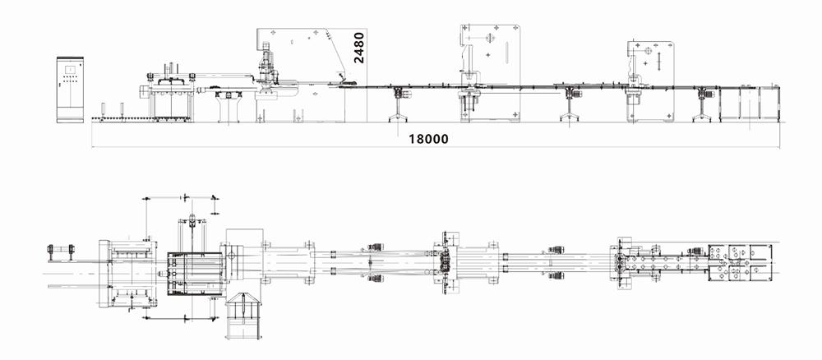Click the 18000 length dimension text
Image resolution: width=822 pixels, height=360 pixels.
[428, 139]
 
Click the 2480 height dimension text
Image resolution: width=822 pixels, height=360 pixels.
[359, 48]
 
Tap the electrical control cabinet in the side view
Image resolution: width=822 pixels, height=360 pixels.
[70, 90]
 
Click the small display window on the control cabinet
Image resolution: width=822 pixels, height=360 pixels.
[70, 69]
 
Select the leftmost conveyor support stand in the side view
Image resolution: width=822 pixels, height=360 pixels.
[398, 104]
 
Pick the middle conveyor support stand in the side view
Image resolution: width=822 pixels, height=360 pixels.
[570, 104]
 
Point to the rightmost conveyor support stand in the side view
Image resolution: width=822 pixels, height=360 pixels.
[702, 105]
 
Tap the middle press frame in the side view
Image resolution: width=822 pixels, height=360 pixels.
[490, 73]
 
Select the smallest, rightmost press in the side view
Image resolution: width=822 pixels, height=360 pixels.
[649, 81]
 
